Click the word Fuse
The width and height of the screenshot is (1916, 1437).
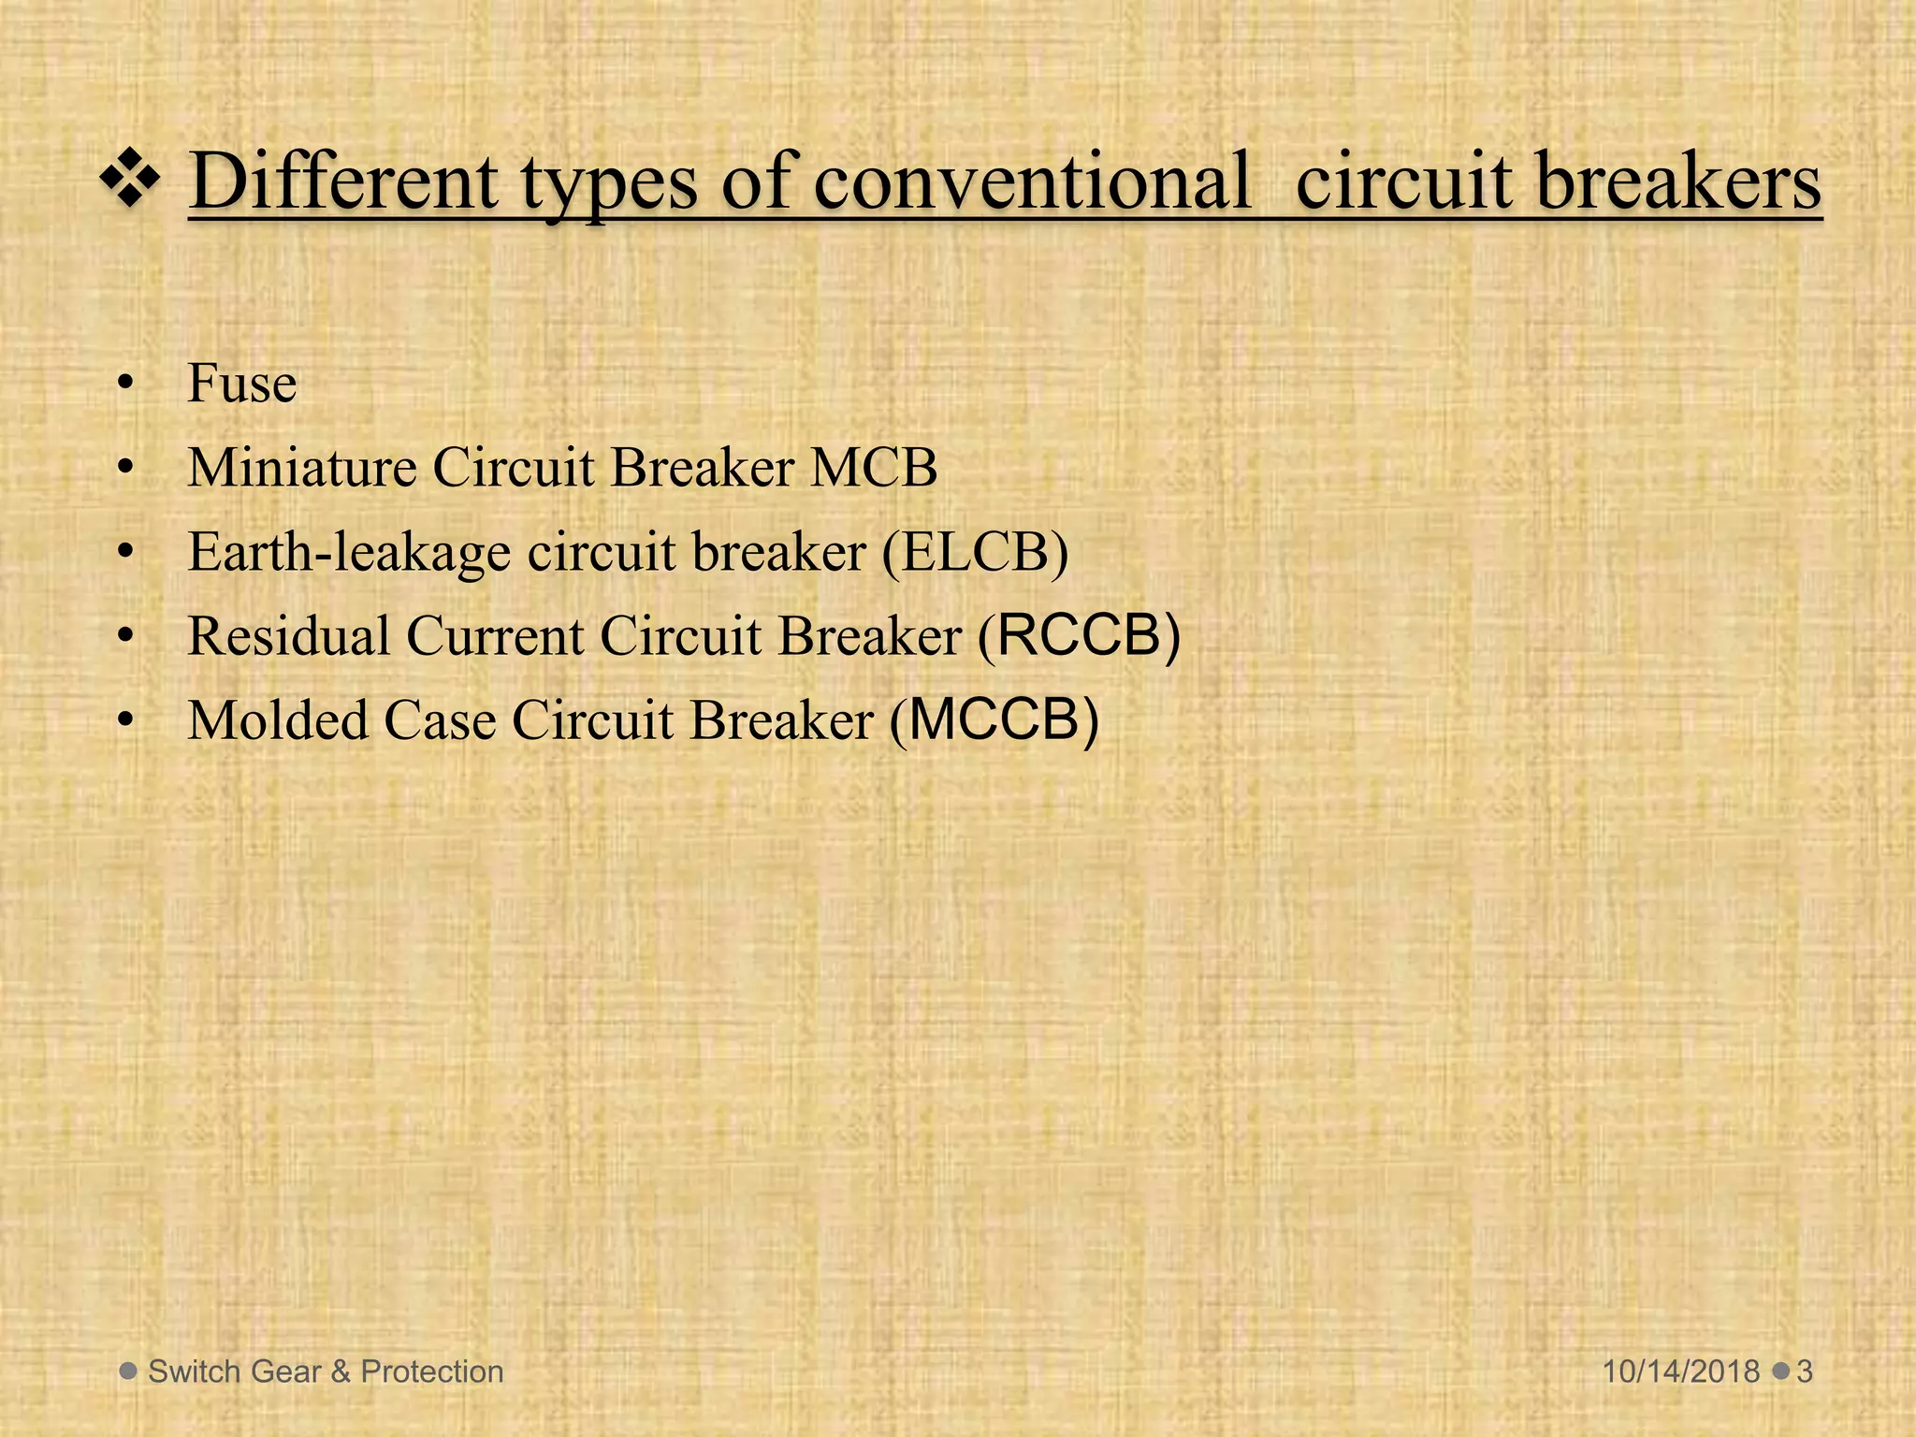(x=242, y=384)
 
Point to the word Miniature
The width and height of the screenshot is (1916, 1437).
(x=301, y=467)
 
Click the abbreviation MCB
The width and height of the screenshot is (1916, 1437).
(x=873, y=467)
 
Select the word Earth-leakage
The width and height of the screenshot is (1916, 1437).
(x=349, y=552)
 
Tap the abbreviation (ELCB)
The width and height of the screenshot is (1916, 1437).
(x=974, y=552)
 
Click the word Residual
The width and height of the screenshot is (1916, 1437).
(x=288, y=636)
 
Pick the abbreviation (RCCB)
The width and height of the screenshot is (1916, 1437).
(x=1079, y=636)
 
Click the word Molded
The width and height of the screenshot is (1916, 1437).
(x=277, y=720)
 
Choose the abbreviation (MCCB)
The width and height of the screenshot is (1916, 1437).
(x=994, y=720)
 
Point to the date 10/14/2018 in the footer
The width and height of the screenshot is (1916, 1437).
(x=1681, y=1372)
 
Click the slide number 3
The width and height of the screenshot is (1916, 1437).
(x=1805, y=1372)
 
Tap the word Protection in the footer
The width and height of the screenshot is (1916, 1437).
(x=432, y=1372)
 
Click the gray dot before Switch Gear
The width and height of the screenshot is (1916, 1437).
(x=129, y=1372)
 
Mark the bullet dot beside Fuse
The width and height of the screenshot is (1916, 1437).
(x=126, y=385)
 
